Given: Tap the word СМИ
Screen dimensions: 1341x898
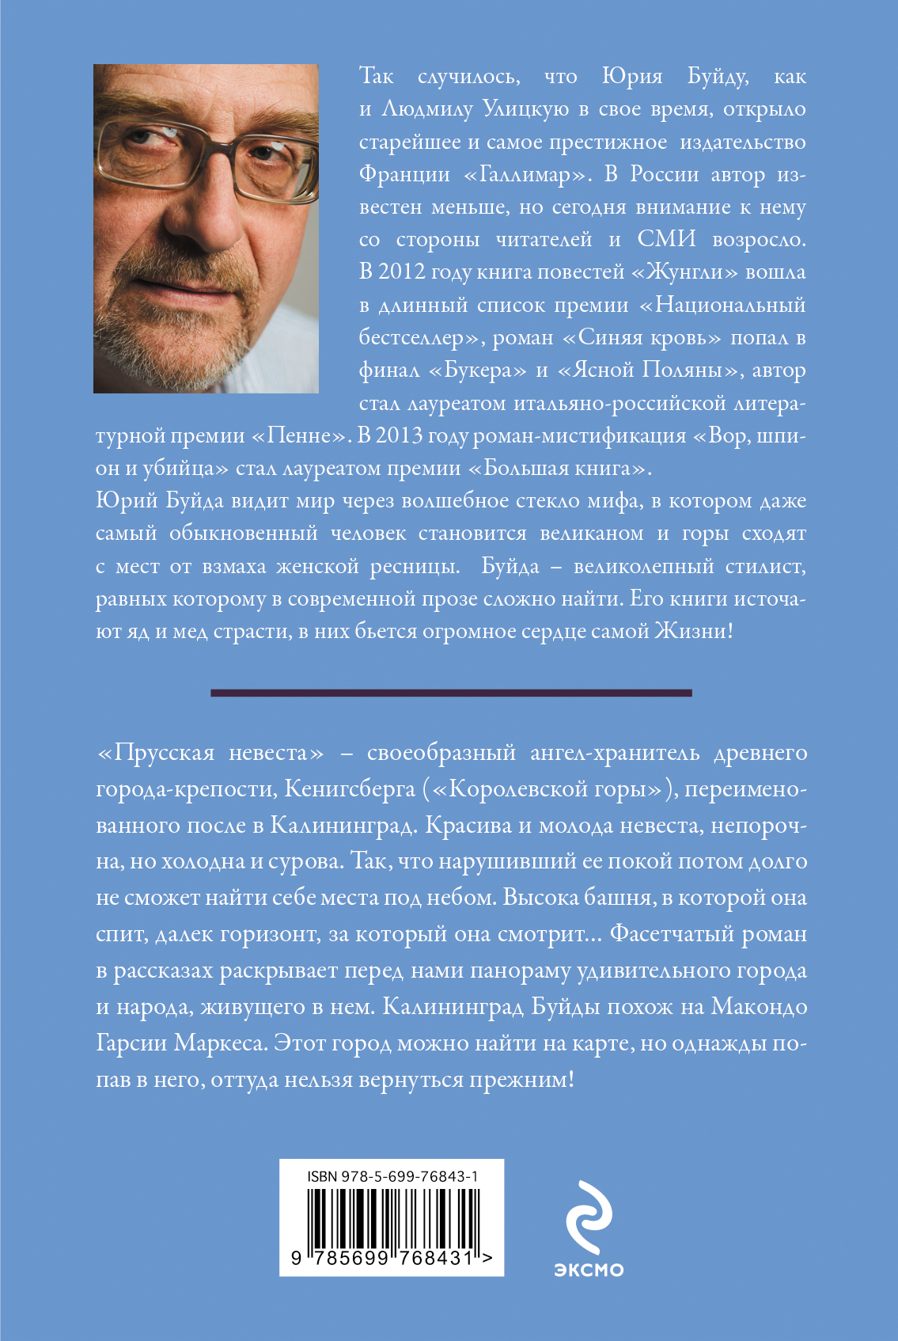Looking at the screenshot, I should [x=666, y=239].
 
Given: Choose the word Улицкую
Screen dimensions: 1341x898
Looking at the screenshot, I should [x=525, y=109].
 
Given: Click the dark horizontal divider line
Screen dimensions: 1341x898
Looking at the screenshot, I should [x=451, y=693].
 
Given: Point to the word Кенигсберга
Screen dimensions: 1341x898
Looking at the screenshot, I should [x=350, y=788].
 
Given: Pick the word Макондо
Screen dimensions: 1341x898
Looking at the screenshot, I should [x=759, y=1007].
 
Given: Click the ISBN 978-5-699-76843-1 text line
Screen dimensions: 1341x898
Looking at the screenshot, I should [x=392, y=1176].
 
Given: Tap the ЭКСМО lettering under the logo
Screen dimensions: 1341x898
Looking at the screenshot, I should [x=589, y=1270].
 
